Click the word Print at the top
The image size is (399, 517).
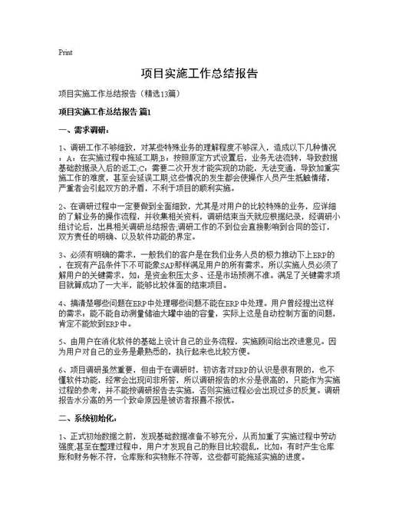(x=65, y=53)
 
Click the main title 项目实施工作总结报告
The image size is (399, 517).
(x=199, y=75)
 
